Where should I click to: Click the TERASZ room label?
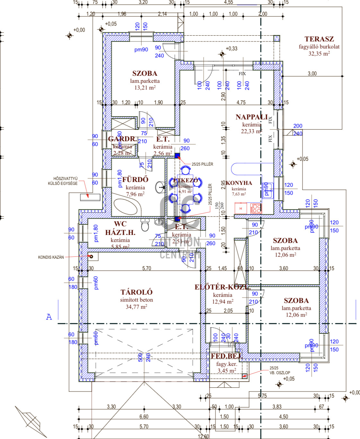click(x=319, y=39)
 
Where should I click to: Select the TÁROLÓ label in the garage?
click(x=136, y=292)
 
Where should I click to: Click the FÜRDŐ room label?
click(x=135, y=179)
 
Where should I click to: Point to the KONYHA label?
click(x=239, y=183)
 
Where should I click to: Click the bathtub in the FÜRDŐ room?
click(x=127, y=207)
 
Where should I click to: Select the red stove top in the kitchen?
click(x=256, y=208)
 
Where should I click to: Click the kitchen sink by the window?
click(x=268, y=190)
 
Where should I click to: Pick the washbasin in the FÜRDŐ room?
click(x=160, y=187)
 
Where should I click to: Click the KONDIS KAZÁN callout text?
click(x=51, y=257)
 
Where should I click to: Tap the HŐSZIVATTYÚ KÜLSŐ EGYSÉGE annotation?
click(x=63, y=181)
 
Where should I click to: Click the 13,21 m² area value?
click(x=145, y=88)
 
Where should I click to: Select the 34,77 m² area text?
click(x=136, y=307)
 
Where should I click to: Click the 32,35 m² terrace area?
click(x=319, y=54)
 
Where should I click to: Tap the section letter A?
click(x=49, y=317)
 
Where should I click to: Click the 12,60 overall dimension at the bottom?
click(x=203, y=436)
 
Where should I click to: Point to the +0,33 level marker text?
click(x=232, y=48)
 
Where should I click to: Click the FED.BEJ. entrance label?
click(x=226, y=356)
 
